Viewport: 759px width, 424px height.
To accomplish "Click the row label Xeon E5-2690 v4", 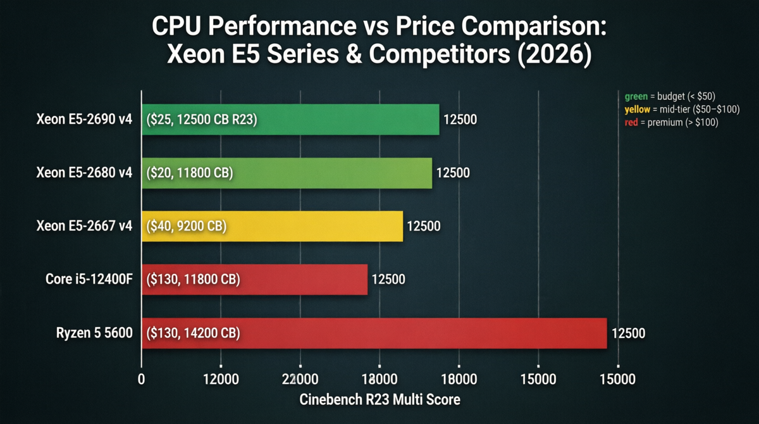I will tap(84, 120).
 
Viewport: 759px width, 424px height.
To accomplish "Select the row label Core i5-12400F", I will tap(89, 279).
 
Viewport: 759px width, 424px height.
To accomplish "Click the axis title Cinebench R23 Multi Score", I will tap(379, 399).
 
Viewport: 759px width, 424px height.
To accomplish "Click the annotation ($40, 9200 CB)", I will tap(186, 226).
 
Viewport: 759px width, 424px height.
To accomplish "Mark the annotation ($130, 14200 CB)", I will tap(193, 333).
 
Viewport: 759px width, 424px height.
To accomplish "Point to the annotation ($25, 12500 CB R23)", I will tap(201, 120).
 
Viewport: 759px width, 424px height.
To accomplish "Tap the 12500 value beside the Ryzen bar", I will tap(628, 333).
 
